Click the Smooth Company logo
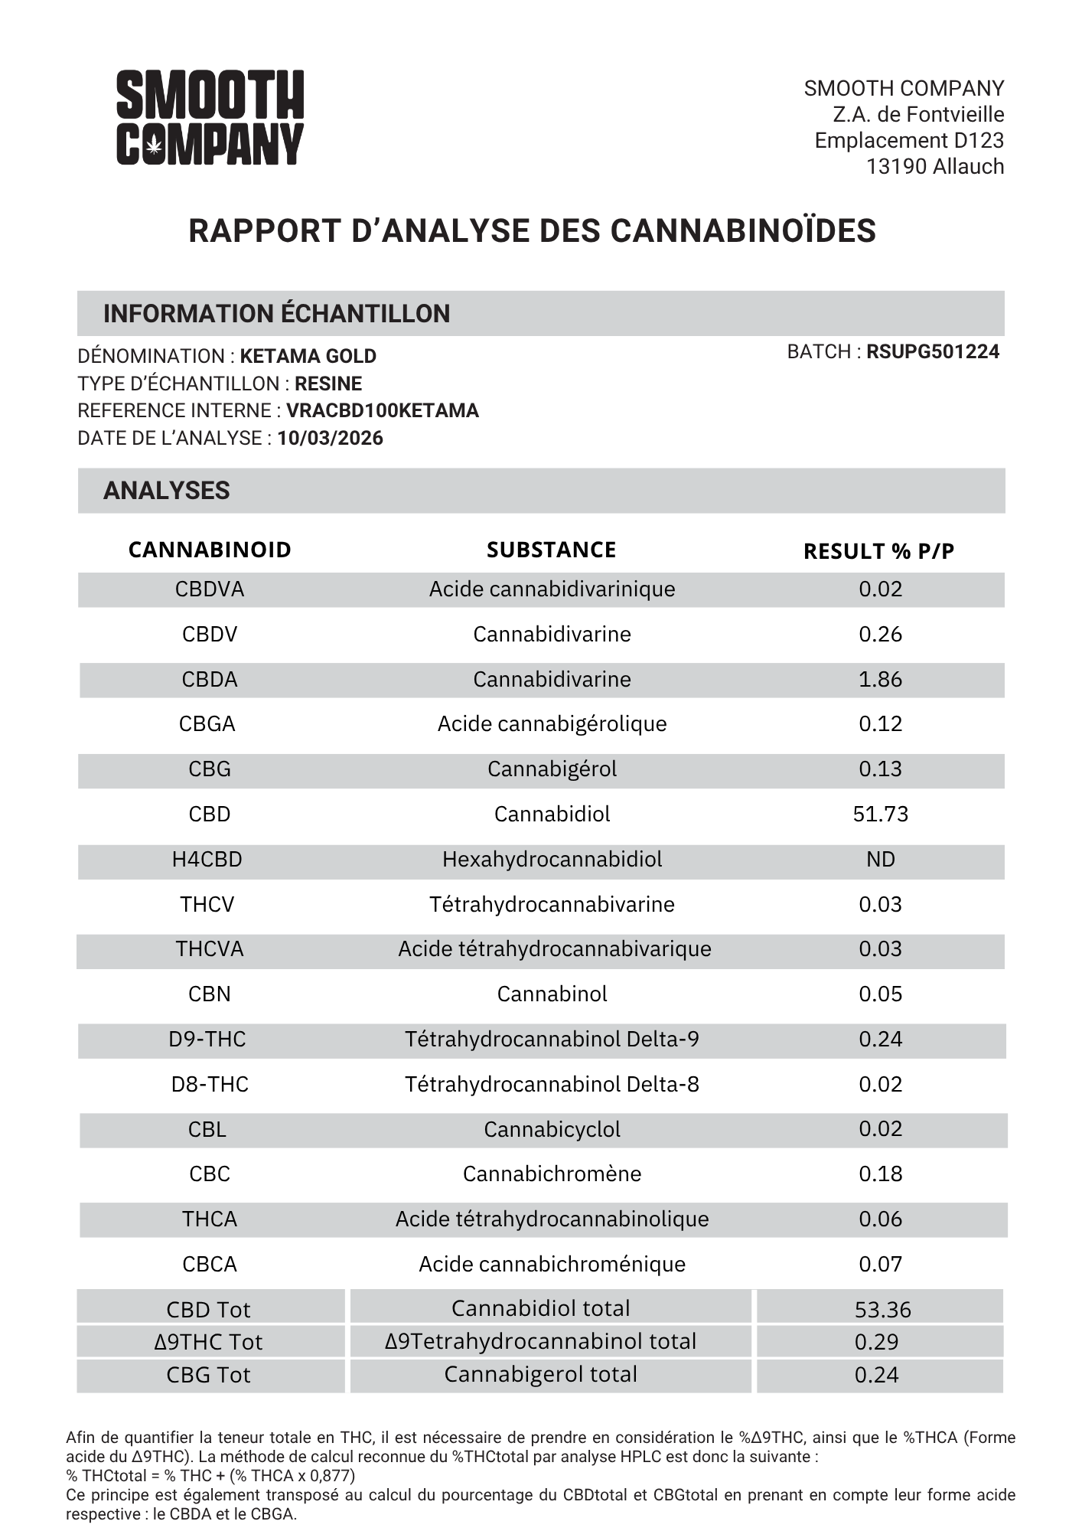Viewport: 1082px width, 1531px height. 210,117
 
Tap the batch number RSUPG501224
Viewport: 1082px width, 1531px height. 932,352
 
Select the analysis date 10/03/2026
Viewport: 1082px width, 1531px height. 330,439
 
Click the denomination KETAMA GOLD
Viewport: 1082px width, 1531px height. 308,357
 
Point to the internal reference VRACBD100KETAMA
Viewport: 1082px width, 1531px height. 382,411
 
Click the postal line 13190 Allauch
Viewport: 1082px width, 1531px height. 934,167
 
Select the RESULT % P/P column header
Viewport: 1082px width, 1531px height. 878,551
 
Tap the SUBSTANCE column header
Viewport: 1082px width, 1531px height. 551,550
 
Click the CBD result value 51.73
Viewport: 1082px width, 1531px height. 880,814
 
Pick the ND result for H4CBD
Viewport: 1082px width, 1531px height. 880,859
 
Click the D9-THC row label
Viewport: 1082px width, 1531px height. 207,1039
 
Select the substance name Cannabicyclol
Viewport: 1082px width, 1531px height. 552,1129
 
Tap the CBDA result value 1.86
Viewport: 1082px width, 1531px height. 880,679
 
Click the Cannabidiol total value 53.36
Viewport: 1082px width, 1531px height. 882,1310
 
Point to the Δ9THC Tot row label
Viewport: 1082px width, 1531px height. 208,1342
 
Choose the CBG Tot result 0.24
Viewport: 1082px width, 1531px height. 876,1375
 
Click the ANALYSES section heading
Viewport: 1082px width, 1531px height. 166,491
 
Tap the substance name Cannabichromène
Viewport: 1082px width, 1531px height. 552,1174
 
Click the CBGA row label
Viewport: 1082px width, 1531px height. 207,723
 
